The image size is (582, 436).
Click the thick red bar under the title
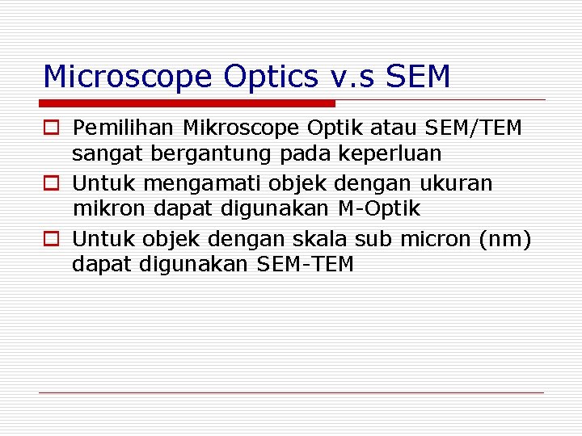click(x=188, y=103)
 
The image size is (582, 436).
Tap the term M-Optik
click(x=378, y=208)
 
